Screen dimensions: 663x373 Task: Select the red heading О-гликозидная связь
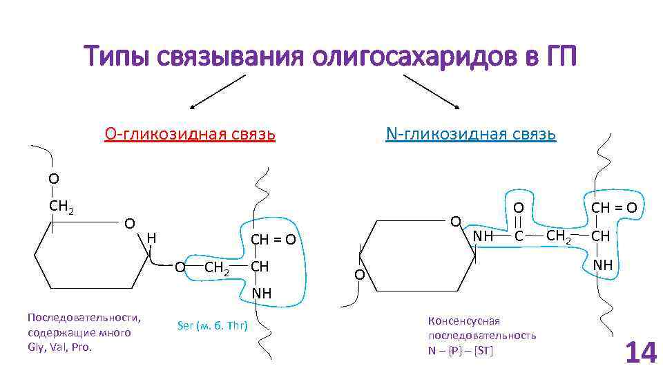[190, 133]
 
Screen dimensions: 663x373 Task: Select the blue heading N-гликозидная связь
[470, 133]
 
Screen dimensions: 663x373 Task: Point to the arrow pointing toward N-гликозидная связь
[432, 91]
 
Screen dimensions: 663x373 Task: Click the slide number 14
[640, 353]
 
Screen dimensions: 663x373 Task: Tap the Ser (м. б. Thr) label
[213, 325]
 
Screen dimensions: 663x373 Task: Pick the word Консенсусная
[464, 321]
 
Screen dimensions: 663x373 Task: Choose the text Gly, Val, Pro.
[59, 346]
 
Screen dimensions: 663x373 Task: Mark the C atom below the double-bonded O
[519, 236]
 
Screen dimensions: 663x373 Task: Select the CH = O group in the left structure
[273, 240]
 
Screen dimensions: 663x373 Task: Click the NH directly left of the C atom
[483, 236]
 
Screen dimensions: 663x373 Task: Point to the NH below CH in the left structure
[262, 294]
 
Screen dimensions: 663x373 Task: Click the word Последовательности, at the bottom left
[83, 318]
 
